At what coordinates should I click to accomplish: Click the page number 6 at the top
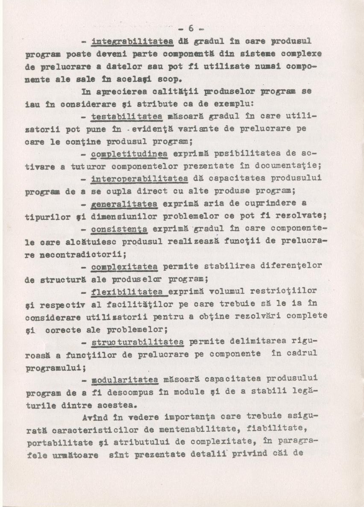pos(191,28)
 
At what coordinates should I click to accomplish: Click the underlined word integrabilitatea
pos(132,41)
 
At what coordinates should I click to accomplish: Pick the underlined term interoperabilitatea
pos(138,178)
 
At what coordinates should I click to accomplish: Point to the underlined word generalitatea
pos(124,204)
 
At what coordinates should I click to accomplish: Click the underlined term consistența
pos(120,229)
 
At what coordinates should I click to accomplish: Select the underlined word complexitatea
pos(124,267)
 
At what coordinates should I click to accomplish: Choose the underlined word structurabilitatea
pos(138,342)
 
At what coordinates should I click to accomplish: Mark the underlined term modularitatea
pos(125,380)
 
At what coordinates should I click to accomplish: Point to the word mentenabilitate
pos(180,430)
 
